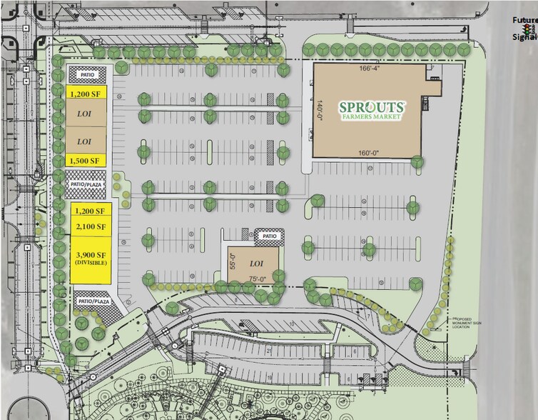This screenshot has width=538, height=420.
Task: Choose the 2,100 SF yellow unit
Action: click(x=91, y=227)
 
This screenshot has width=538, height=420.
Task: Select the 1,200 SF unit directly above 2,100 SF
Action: click(x=91, y=212)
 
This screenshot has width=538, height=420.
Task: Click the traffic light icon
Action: click(x=528, y=31)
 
